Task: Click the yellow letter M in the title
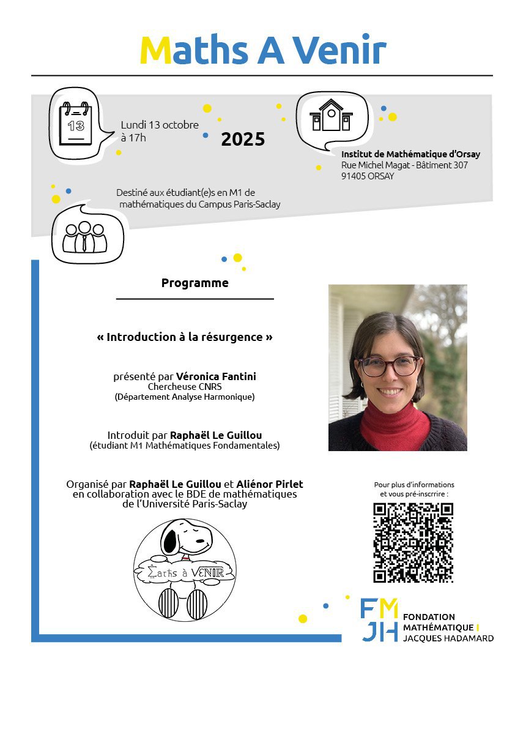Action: coord(155,50)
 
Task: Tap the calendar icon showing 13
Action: coord(75,125)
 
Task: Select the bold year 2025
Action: coord(243,139)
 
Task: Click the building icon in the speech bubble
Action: coord(331,116)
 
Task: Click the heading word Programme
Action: coord(195,283)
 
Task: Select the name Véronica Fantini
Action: coord(216,376)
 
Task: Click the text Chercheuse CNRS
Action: coord(185,387)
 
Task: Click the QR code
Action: coord(413,542)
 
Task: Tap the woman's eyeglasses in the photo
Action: coord(390,366)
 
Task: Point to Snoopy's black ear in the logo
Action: coord(170,542)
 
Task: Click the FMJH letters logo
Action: coord(380,619)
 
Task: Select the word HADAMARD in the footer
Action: coord(470,638)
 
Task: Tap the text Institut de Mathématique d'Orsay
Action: coord(410,154)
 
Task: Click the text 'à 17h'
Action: coord(133,138)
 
